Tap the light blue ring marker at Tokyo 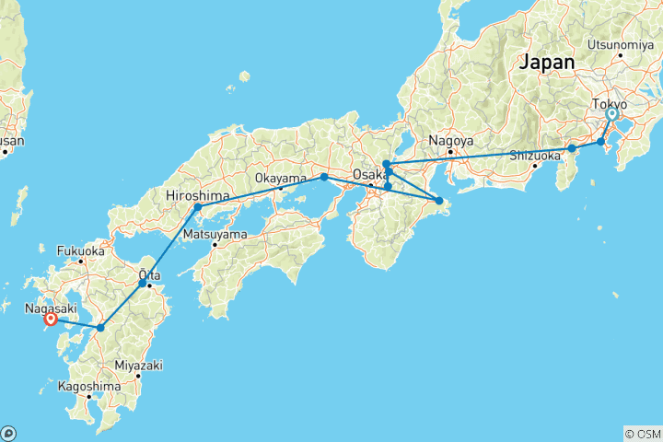(x=611, y=115)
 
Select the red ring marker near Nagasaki (x=51, y=320)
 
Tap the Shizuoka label (x=536, y=156)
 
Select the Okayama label (x=281, y=178)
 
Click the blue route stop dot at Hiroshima (x=197, y=207)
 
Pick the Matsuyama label (x=215, y=234)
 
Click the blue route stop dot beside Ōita (x=142, y=284)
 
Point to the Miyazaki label (x=138, y=366)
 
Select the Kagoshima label (x=88, y=387)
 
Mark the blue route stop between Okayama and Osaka (x=324, y=177)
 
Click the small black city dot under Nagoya (x=450, y=152)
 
